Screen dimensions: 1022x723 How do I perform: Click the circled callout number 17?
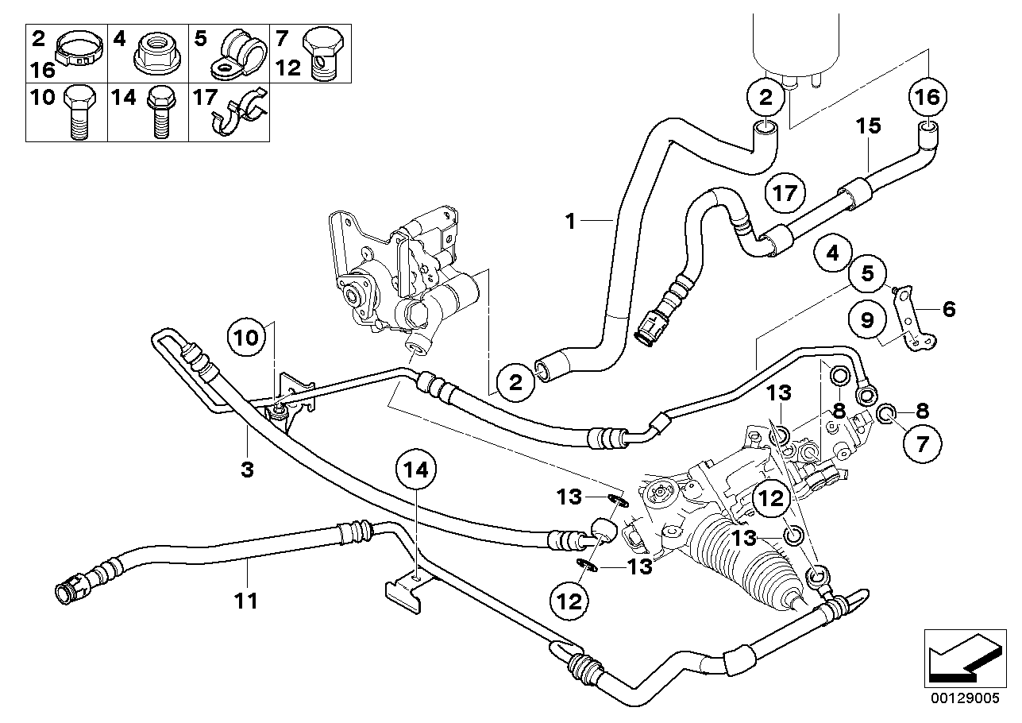(x=785, y=193)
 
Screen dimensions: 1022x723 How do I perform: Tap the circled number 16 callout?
(x=928, y=97)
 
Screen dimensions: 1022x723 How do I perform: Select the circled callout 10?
(x=247, y=338)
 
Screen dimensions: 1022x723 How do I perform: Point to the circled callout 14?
(x=416, y=470)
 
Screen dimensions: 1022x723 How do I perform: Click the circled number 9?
(x=867, y=320)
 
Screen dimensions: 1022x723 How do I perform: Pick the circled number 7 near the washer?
(x=923, y=443)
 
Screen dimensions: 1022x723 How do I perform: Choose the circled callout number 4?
(x=833, y=253)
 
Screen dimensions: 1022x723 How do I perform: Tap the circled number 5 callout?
(x=867, y=274)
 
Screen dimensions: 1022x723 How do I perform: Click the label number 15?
(x=868, y=126)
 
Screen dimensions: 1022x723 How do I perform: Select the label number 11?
(x=246, y=601)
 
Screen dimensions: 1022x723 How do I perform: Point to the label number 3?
(x=247, y=470)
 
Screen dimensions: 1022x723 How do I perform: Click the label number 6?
(x=948, y=310)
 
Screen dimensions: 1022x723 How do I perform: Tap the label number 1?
(x=570, y=222)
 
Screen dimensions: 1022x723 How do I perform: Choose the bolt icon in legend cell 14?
(x=161, y=112)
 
